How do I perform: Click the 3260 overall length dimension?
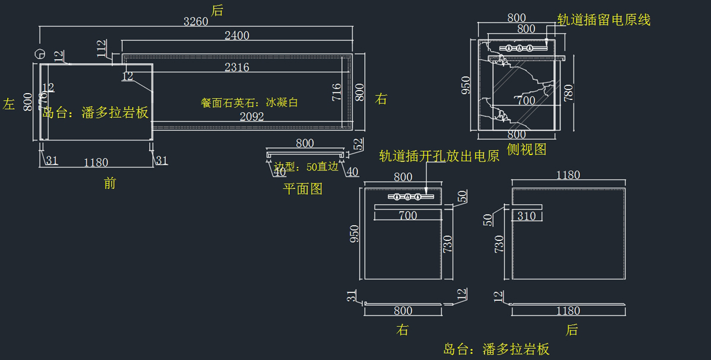tap(196, 22)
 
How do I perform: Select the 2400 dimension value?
tap(237, 36)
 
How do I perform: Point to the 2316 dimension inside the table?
tap(237, 67)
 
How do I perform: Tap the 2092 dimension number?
tap(252, 117)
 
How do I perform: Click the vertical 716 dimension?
tap(337, 93)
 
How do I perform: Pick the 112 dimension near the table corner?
tap(102, 47)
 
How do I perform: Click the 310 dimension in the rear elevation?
tap(526, 216)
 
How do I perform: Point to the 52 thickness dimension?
tap(358, 144)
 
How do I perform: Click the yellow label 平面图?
tap(303, 189)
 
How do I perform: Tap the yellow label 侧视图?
tap(527, 149)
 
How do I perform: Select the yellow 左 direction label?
tap(9, 104)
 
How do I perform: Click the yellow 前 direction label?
tap(110, 184)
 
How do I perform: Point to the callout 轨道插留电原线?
tap(604, 20)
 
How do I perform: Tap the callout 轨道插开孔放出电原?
tap(439, 156)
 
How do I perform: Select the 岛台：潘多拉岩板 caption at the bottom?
tap(496, 349)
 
